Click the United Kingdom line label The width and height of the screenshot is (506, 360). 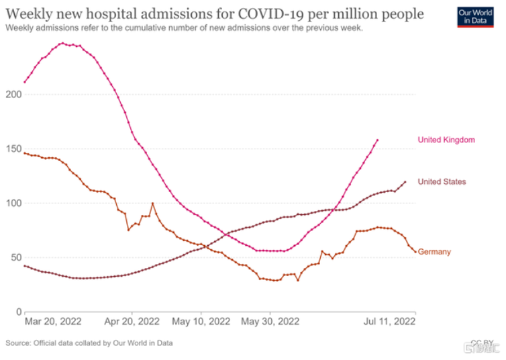pyautogui.click(x=446, y=140)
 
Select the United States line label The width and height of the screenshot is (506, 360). pyautogui.click(x=442, y=181)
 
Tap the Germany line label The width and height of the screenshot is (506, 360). pyautogui.click(x=434, y=252)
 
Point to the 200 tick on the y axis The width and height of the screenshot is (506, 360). pyautogui.click(x=13, y=94)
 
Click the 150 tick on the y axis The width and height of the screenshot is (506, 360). pyautogui.click(x=13, y=148)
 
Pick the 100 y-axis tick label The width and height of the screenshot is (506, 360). pyautogui.click(x=13, y=203)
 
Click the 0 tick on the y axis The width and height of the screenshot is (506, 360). pyautogui.click(x=17, y=312)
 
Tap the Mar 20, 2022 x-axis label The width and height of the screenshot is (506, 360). pyautogui.click(x=53, y=322)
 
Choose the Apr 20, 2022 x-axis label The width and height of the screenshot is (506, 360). pyautogui.click(x=132, y=322)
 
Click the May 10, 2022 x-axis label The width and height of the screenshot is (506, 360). pyautogui.click(x=201, y=322)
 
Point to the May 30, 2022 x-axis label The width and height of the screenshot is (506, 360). pyautogui.click(x=270, y=322)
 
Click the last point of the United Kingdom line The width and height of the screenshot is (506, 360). pyautogui.click(x=378, y=140)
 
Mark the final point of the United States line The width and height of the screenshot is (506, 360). pyautogui.click(x=405, y=182)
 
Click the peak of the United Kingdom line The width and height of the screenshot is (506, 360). pyautogui.click(x=62, y=43)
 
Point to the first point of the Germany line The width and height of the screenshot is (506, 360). pyautogui.click(x=25, y=153)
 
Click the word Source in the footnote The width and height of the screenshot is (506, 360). pyautogui.click(x=18, y=343)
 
